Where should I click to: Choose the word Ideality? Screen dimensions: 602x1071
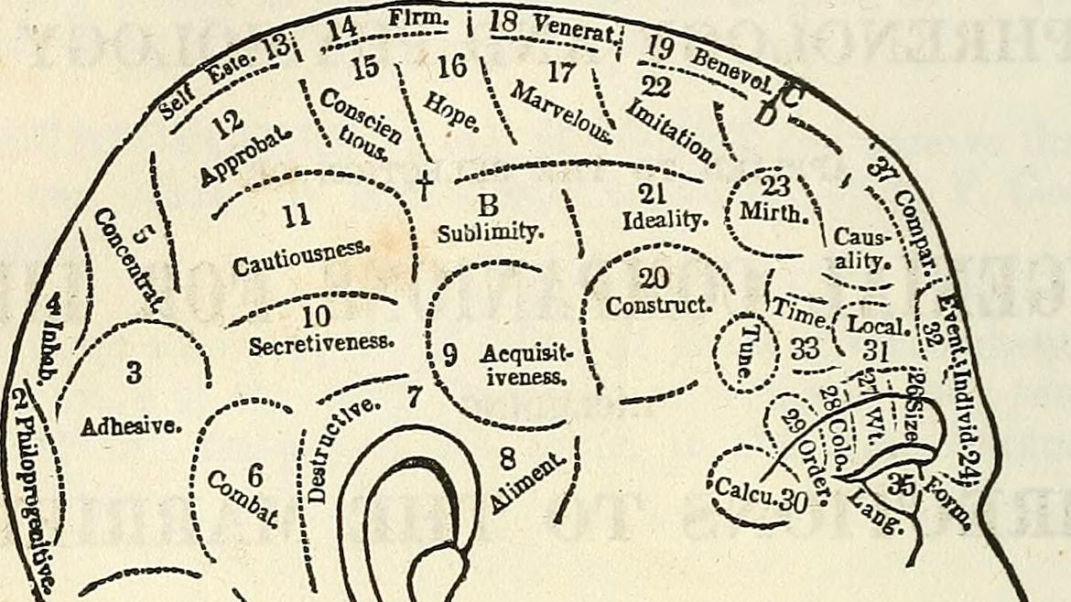(x=666, y=220)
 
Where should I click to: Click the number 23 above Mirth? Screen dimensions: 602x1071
(x=775, y=187)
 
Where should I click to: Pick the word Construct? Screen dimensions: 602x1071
(x=658, y=305)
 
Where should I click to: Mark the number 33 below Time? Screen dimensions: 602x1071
(x=806, y=349)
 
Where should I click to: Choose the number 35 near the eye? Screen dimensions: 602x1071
(x=902, y=486)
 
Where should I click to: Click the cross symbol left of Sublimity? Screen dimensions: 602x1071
(x=424, y=186)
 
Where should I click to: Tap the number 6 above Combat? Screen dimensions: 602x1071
(x=255, y=476)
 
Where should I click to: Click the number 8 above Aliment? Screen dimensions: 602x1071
(x=508, y=455)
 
